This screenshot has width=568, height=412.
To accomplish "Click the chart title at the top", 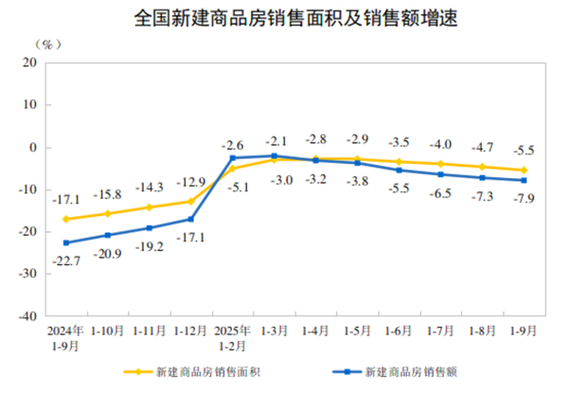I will click(283, 18).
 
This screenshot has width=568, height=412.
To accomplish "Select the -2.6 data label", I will click(232, 145).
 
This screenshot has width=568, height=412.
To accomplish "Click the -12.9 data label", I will click(190, 183).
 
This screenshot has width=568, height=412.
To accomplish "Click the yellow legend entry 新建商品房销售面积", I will click(194, 372).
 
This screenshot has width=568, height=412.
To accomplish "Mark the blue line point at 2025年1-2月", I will click(232, 158).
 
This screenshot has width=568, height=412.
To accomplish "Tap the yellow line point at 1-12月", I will click(190, 201).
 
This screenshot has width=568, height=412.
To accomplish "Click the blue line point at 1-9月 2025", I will click(524, 180).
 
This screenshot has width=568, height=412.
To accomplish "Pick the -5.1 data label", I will click(234, 187).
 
